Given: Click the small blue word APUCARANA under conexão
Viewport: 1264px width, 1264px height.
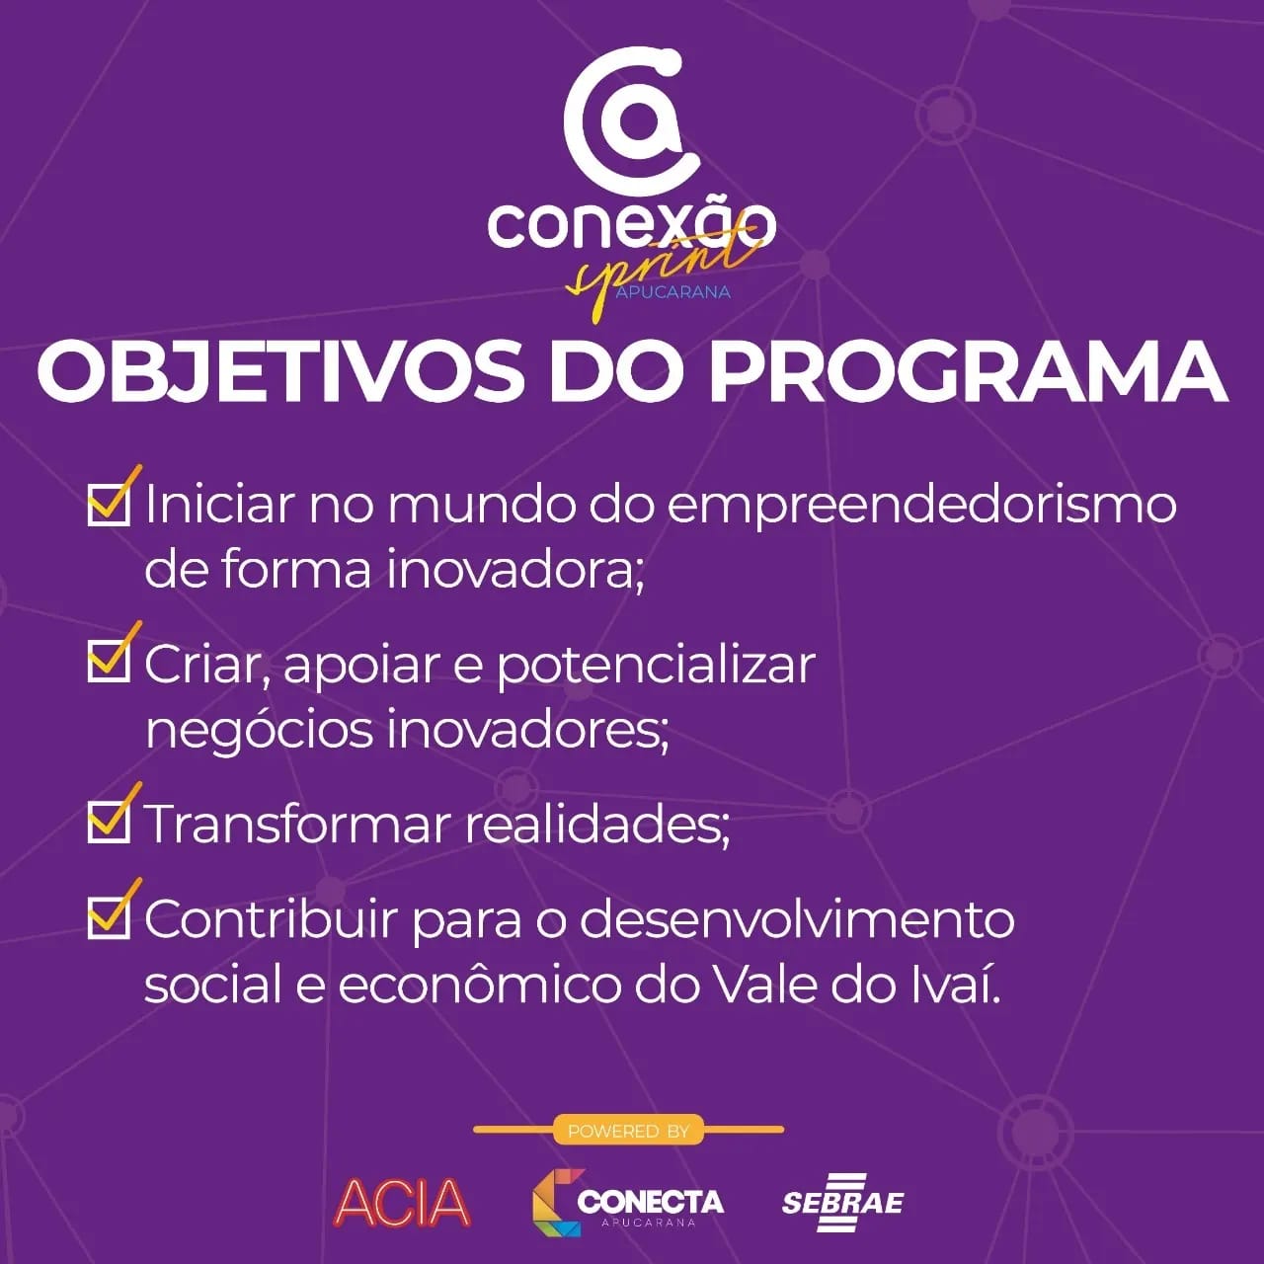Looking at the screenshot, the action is (673, 292).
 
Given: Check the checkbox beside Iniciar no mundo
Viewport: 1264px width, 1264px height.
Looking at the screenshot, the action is (109, 505).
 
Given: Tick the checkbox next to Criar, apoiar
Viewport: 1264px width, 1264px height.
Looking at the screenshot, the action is (109, 661).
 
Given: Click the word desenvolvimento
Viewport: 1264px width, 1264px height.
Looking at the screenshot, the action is (797, 919).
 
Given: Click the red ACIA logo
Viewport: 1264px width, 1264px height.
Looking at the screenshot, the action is (402, 1203).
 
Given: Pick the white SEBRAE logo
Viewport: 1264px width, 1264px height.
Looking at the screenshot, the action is (842, 1203).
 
